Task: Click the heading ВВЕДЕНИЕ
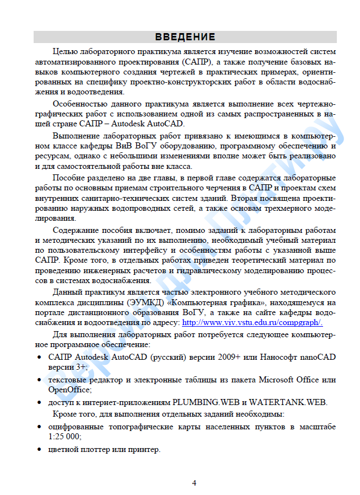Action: (x=185, y=37)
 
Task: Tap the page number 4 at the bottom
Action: (x=194, y=483)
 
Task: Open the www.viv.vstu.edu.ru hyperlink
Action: (x=252, y=323)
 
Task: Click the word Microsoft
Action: (x=281, y=380)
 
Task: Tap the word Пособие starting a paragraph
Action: (x=68, y=178)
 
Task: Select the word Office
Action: (x=313, y=380)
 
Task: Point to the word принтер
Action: (x=142, y=449)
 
